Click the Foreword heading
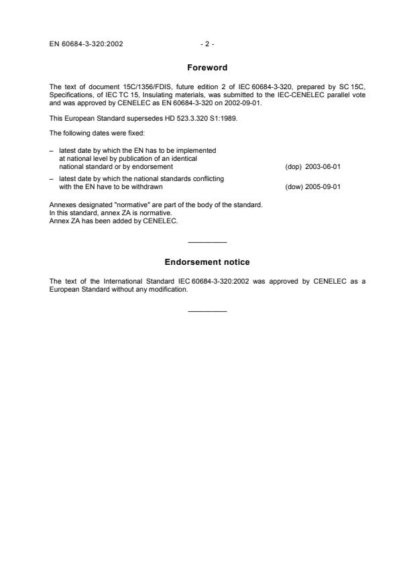pos(207,68)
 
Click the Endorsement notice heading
pos(207,262)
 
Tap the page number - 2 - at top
pos(207,44)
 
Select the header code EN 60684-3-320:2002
pos(86,44)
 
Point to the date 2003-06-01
pos(323,166)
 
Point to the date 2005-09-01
pos(323,187)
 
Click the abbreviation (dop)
pos(294,166)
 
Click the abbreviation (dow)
pos(294,187)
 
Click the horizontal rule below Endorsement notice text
pos(208,310)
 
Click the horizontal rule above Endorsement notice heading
pos(208,241)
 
